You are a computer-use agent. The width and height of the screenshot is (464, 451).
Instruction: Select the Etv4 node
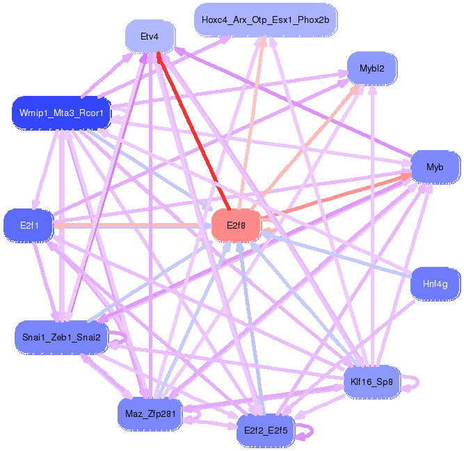(x=149, y=37)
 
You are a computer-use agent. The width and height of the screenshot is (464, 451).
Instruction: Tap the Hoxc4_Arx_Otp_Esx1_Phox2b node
(x=265, y=19)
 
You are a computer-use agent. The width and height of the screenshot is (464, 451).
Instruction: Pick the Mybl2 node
(x=371, y=68)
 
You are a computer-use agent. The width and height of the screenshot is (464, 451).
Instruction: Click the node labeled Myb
(x=435, y=167)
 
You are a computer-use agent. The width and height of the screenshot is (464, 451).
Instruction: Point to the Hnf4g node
(x=435, y=284)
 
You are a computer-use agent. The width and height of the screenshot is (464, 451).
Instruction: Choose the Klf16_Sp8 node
(x=372, y=381)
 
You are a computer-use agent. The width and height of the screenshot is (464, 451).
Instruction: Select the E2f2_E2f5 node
(x=266, y=431)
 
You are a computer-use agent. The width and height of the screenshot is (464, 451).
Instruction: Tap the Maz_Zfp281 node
(x=149, y=414)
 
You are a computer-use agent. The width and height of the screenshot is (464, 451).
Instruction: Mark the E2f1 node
(x=29, y=225)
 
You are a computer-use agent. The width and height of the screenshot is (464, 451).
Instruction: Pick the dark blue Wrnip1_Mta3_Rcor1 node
(x=61, y=113)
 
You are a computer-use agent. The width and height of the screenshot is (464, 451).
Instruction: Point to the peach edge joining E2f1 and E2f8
(x=132, y=225)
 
